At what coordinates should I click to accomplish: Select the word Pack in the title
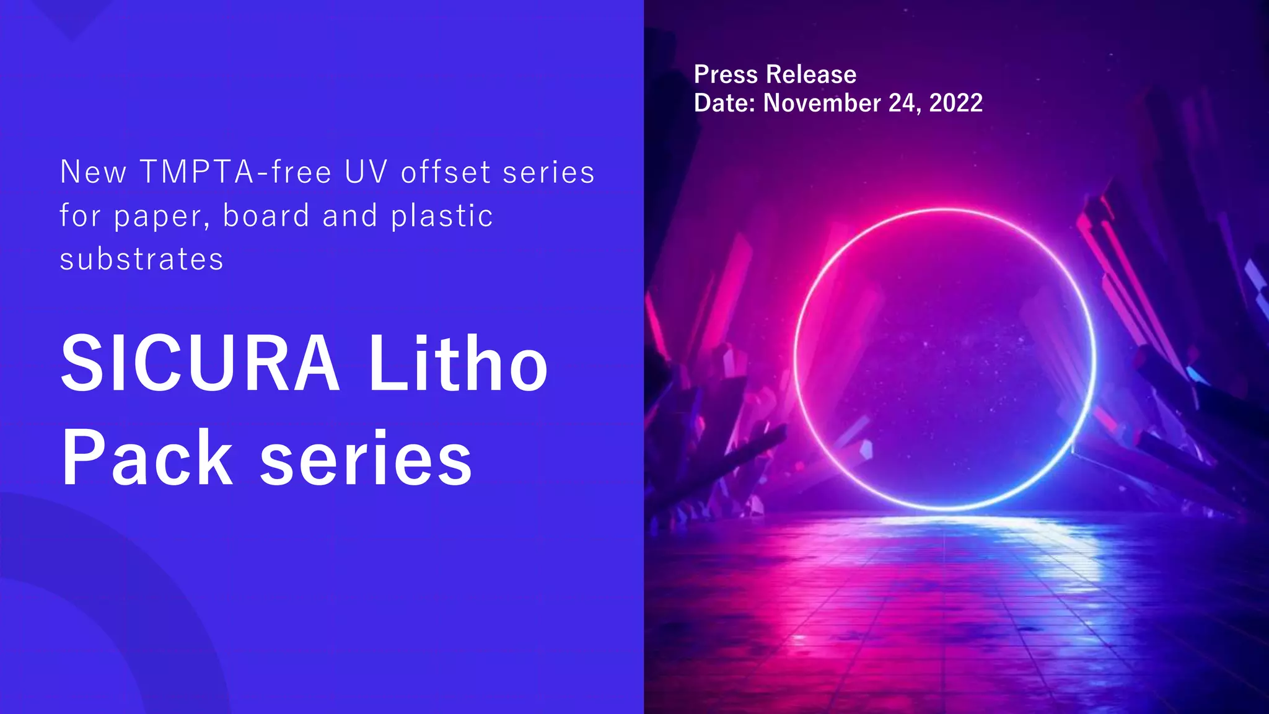[x=147, y=459]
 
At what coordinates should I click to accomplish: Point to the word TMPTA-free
[x=235, y=172]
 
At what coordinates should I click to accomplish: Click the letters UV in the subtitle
[x=366, y=172]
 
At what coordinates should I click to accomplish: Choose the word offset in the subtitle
[x=446, y=172]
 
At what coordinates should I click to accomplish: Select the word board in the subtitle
[x=266, y=215]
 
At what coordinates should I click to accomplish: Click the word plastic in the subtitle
[x=442, y=215]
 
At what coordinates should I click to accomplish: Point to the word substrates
[x=141, y=259]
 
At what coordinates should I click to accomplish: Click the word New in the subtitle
[x=93, y=172]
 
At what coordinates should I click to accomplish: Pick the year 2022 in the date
[x=955, y=103]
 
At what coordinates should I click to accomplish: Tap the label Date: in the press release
[x=724, y=103]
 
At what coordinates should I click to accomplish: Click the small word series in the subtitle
[x=548, y=172]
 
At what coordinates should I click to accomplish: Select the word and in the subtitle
[x=350, y=215]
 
